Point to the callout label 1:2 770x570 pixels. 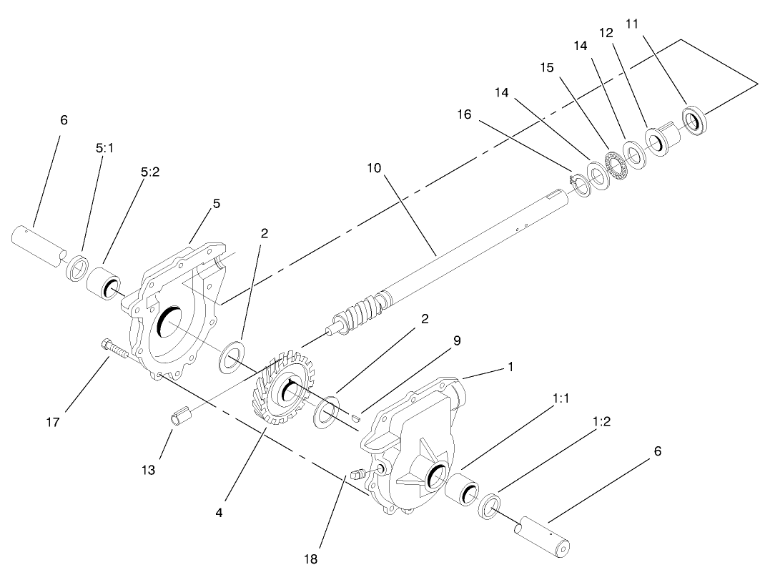[601, 422]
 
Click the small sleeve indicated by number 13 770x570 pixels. [180, 416]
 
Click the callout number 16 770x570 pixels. [465, 114]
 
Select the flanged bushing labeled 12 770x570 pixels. [659, 138]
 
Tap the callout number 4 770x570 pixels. [219, 512]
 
